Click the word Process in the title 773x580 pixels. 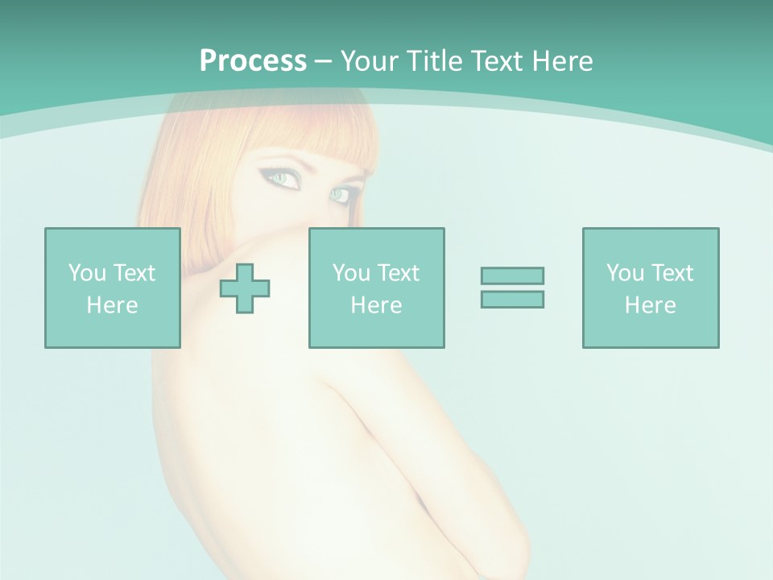point(253,61)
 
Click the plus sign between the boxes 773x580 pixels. point(245,288)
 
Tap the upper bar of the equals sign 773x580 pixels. point(512,275)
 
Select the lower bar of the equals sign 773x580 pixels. point(512,299)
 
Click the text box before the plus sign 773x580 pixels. point(112,288)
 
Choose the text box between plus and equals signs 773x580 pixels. point(376,288)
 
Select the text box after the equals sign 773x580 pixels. point(650,288)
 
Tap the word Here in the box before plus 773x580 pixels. point(112,305)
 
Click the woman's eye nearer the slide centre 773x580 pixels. point(343,194)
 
